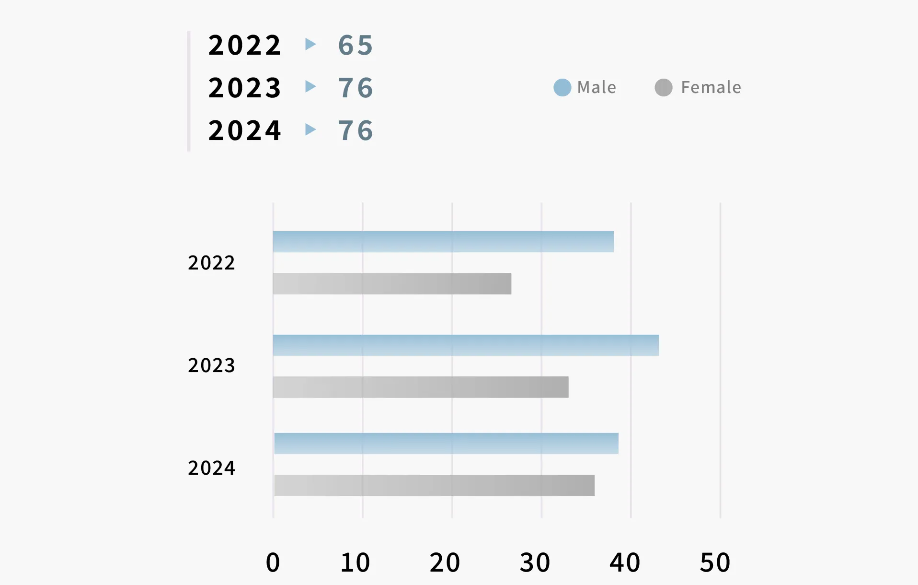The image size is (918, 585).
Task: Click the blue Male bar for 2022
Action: click(x=443, y=242)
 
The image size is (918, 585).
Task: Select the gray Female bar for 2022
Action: click(x=392, y=283)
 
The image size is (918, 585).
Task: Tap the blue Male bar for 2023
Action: click(x=466, y=345)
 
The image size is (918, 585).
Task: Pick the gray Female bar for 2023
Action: click(x=421, y=387)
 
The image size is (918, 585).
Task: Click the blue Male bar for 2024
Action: click(x=446, y=444)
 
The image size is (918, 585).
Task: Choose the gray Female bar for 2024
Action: click(x=434, y=485)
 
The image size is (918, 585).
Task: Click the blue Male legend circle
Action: click(x=562, y=87)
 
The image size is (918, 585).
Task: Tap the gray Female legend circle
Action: click(x=664, y=87)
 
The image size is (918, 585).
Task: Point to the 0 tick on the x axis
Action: click(x=273, y=562)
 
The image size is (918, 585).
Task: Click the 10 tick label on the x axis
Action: click(x=355, y=562)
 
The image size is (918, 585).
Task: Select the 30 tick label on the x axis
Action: click(x=535, y=562)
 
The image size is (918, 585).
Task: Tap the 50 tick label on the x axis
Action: click(x=715, y=562)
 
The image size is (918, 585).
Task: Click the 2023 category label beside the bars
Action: click(x=211, y=365)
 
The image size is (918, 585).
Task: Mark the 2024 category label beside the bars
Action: click(x=211, y=468)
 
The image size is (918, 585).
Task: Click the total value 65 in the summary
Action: click(x=356, y=46)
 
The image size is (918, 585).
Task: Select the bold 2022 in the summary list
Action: click(x=244, y=46)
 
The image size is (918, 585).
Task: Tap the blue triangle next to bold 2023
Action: click(x=310, y=87)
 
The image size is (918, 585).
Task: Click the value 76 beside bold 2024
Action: click(x=356, y=130)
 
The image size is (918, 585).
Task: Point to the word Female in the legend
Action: click(x=711, y=87)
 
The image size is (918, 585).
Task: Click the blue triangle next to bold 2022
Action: click(x=310, y=44)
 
